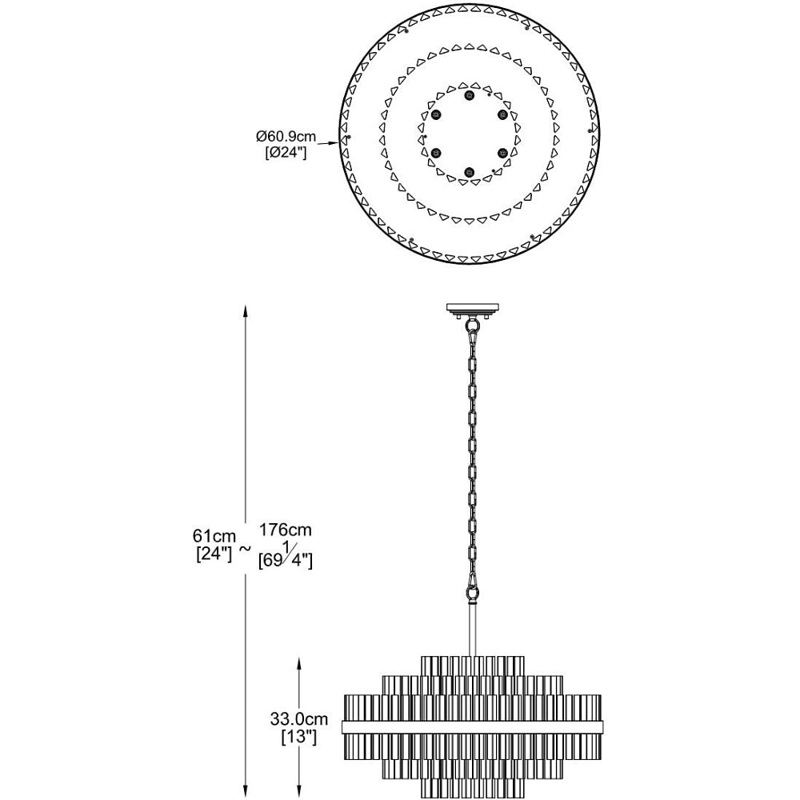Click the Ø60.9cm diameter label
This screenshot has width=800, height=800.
286,137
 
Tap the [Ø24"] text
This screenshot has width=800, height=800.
286,153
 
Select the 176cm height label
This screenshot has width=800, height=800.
286,530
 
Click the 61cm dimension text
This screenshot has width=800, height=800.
214,536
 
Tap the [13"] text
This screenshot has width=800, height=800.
299,736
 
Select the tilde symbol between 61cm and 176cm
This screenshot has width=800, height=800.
246,549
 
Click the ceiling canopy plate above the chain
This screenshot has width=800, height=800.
474,308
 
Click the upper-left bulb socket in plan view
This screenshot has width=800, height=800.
436,114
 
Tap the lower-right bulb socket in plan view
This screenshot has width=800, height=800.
502,153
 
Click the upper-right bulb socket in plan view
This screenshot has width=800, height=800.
502,114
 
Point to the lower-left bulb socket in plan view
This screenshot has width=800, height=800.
436,153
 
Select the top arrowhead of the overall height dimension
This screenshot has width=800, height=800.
246,310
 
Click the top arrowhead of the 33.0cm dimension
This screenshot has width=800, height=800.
299,663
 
